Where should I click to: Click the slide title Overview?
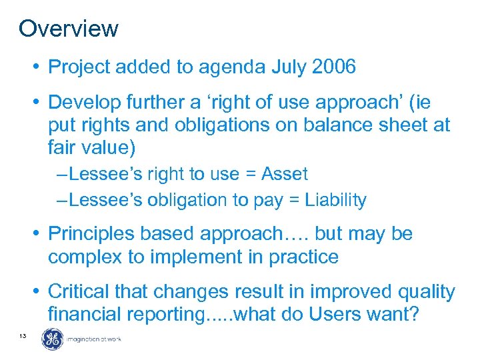pyautogui.click(x=69, y=29)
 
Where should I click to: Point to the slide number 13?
pyautogui.click(x=23, y=336)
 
